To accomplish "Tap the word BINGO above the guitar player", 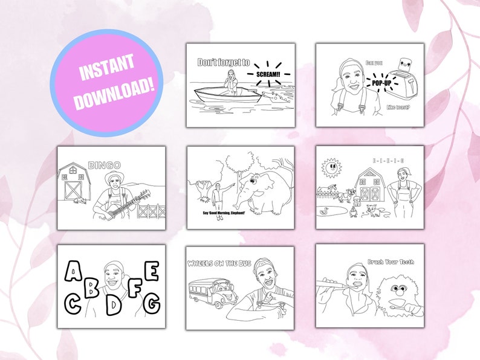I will coord(104,164).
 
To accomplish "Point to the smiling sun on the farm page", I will coord(330,167).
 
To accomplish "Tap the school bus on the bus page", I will coord(212,294).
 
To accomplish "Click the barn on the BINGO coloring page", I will coord(77,181).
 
